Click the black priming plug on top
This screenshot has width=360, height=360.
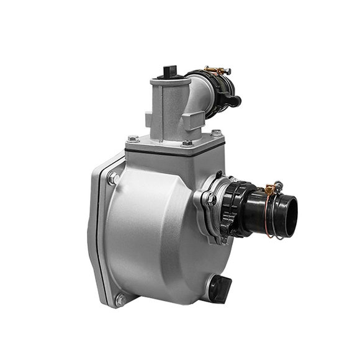(x=168, y=71)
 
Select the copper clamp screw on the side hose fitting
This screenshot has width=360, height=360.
(x=270, y=187)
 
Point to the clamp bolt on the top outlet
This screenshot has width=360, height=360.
(x=217, y=70)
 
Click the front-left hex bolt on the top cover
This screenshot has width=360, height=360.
(x=133, y=138)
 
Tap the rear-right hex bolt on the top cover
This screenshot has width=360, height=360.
(x=215, y=132)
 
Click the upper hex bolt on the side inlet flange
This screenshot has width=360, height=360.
(x=211, y=199)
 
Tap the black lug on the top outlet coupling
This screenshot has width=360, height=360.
(x=235, y=99)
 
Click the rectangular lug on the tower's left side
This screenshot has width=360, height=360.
(x=148, y=118)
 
